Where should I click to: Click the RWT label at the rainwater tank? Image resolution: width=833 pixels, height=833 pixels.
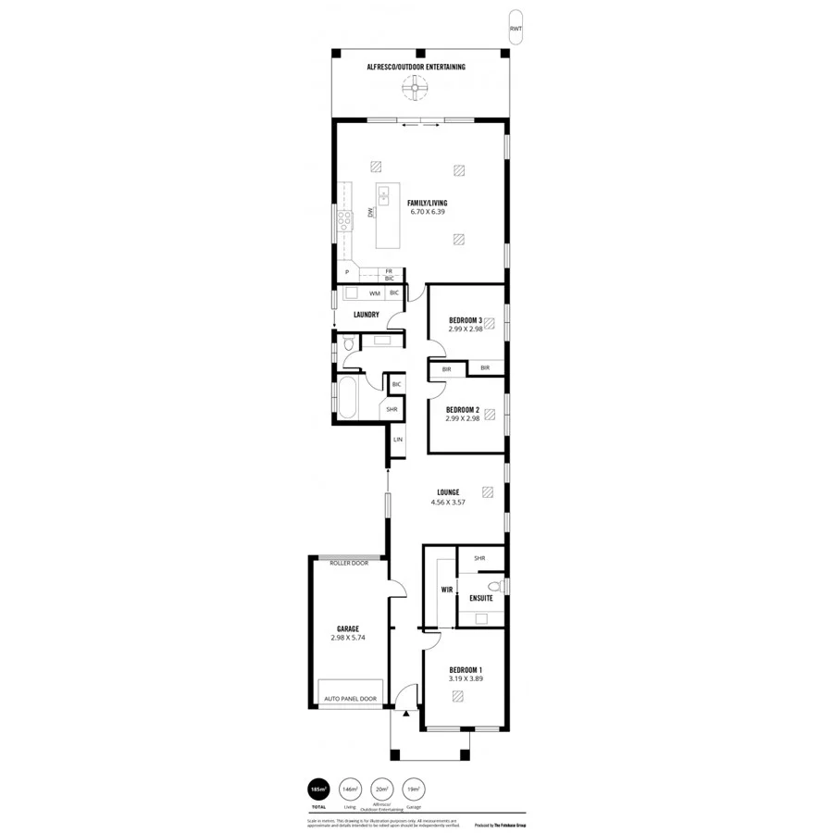point(515,30)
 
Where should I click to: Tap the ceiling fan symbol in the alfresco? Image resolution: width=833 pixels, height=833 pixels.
point(415,90)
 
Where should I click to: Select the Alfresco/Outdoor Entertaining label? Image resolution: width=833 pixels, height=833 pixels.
point(416,68)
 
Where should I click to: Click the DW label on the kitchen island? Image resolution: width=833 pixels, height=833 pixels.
point(370,212)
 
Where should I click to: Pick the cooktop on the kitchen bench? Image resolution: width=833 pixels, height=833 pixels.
point(344,219)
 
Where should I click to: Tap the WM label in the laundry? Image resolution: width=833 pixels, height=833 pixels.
point(375,293)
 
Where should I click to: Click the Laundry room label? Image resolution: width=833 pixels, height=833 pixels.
point(367,315)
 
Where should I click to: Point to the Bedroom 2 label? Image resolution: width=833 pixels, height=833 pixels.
point(462,409)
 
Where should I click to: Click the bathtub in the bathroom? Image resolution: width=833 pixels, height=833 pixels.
point(350,398)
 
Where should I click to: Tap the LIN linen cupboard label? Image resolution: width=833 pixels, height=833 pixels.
point(398,440)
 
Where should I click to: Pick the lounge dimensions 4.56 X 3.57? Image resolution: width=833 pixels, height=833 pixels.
point(447,502)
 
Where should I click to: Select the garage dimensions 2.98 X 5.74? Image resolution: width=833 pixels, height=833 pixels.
point(348,638)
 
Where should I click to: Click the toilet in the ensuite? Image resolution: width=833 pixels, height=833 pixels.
point(494,586)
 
